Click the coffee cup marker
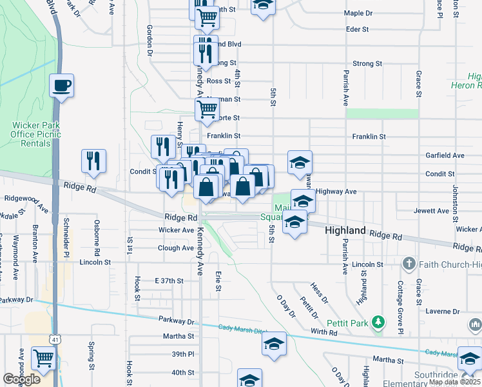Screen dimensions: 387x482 coord(61,86)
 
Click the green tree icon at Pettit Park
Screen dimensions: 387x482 coord(380,321)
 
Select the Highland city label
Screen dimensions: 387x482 coord(345,230)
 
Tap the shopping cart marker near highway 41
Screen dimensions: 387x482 coord(44,359)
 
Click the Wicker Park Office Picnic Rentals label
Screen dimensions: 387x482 coord(30,134)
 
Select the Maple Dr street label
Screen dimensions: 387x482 coord(358,13)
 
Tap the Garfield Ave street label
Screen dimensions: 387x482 coord(444,155)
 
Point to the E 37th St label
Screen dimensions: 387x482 coord(169,281)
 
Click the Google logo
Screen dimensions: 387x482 coord(21,379)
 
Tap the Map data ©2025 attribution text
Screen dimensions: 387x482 coord(454,382)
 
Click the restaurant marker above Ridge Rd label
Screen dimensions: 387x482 coord(94,161)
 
